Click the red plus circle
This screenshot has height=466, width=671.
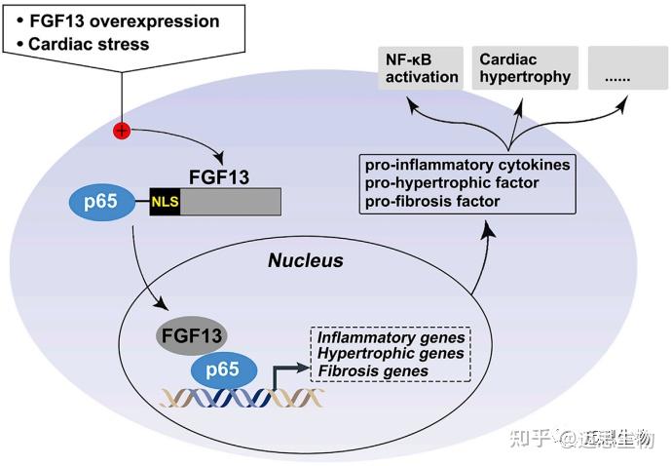(x=122, y=131)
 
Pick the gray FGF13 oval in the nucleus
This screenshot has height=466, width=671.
(x=192, y=335)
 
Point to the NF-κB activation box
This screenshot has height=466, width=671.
(x=418, y=69)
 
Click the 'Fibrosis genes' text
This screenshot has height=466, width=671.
(x=373, y=370)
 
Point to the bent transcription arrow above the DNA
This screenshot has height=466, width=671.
(x=284, y=375)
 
